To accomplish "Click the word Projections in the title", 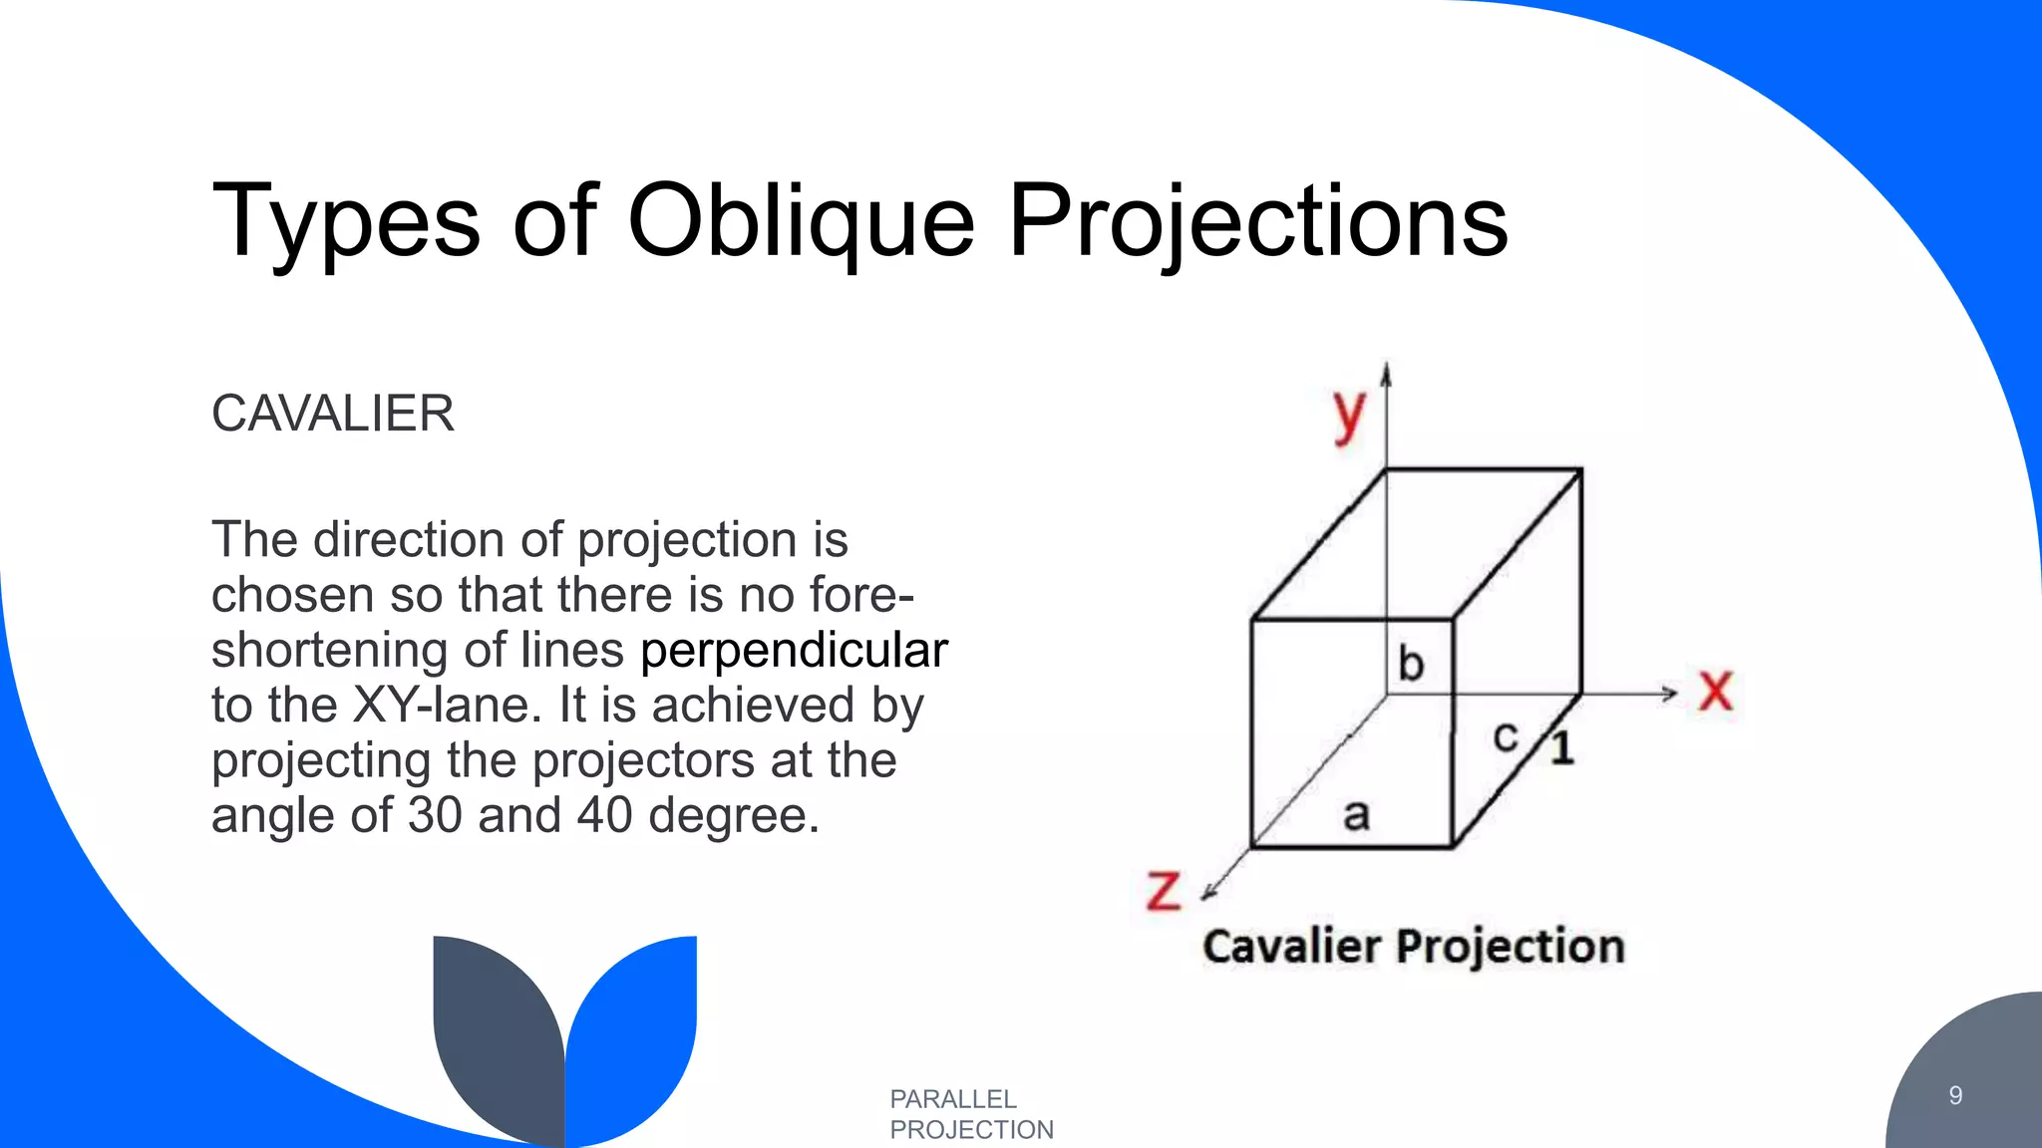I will click(x=1257, y=221).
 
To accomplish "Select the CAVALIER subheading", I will click(x=332, y=414).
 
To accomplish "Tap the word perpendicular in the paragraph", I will click(x=794, y=651).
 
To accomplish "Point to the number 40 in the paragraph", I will click(x=604, y=815).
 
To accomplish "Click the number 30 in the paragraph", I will click(x=435, y=815).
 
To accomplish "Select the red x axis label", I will click(x=1715, y=691).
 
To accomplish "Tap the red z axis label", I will click(x=1163, y=890).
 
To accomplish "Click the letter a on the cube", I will click(x=1356, y=815).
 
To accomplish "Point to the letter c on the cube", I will click(x=1505, y=737).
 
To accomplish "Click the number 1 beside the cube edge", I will click(x=1562, y=748).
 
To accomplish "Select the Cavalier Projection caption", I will click(x=1413, y=946).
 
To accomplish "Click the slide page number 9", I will click(x=1955, y=1096).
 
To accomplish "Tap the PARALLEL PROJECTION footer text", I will click(x=970, y=1114).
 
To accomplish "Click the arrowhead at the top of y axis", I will click(x=1386, y=373).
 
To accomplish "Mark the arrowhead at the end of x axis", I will click(x=1670, y=694).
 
